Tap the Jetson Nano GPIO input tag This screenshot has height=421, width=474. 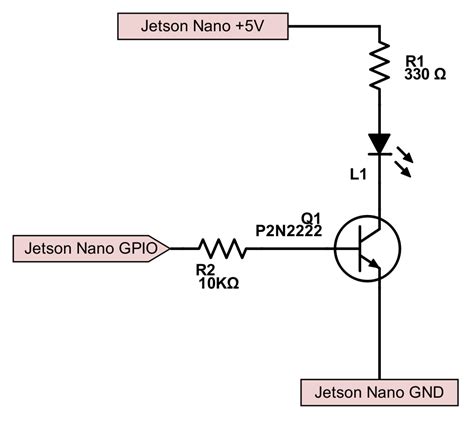[90, 246]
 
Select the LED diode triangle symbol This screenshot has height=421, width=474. [379, 144]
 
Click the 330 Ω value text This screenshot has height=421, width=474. [426, 75]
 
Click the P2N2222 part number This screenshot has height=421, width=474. [290, 229]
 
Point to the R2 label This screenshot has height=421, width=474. [205, 268]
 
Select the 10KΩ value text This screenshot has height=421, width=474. [217, 282]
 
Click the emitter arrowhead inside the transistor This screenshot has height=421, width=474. [373, 265]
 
